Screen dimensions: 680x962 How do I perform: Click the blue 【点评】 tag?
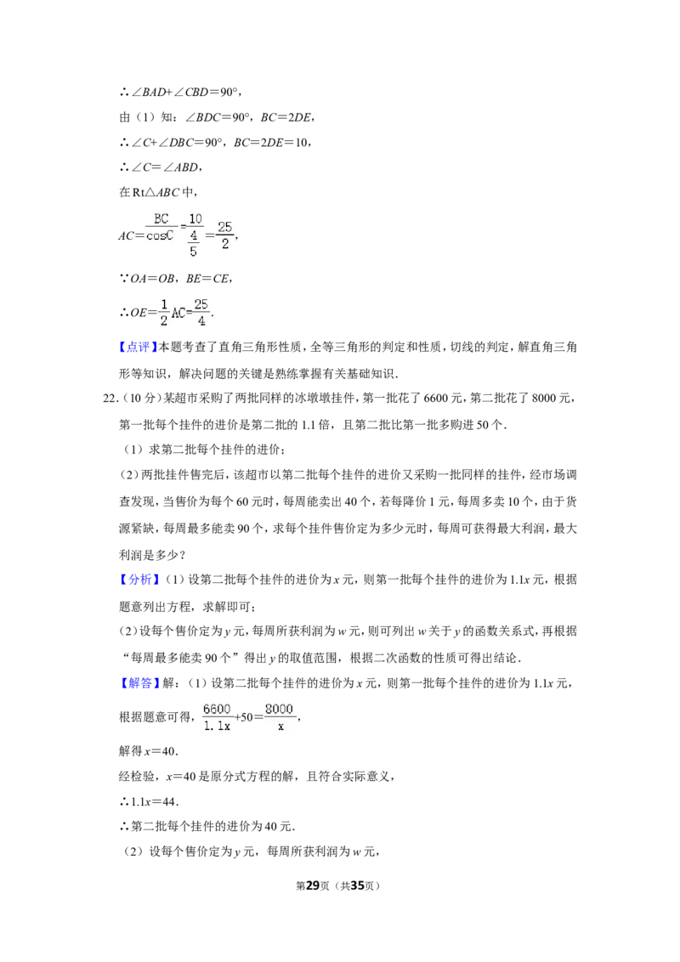(x=138, y=348)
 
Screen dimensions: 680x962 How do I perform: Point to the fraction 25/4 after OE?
(x=201, y=312)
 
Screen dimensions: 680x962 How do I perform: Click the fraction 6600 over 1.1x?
(x=217, y=717)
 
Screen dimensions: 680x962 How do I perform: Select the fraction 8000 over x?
(x=280, y=717)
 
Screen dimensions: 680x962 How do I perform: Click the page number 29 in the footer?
(x=313, y=886)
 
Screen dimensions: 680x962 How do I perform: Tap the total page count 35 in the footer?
(x=357, y=886)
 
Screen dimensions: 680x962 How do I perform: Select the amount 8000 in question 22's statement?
(x=544, y=399)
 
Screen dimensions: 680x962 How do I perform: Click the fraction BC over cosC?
(x=161, y=227)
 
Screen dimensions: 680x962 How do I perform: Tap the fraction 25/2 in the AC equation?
(x=225, y=235)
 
